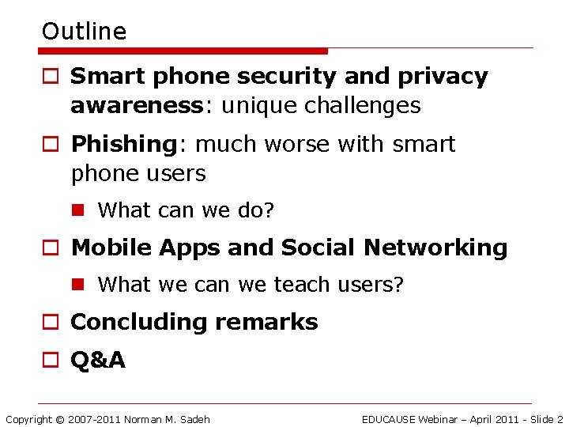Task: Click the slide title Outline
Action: click(84, 32)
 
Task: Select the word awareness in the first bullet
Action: click(136, 105)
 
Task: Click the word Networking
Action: click(435, 248)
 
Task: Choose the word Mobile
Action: click(111, 248)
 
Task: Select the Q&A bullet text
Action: click(98, 361)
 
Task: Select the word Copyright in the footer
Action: click(29, 419)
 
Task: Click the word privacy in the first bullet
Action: click(443, 77)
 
